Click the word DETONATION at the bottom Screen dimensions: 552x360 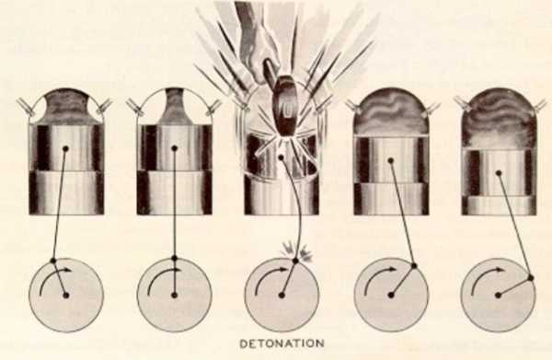tap(282, 343)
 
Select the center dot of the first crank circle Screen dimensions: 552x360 tap(66, 296)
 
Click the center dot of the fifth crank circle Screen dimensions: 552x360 tap(498, 296)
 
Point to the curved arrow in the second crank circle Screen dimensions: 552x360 tap(162, 276)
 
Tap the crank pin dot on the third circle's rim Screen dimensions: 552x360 tap(295, 261)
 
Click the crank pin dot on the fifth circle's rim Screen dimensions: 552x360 tap(531, 278)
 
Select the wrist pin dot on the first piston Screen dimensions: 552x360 tap(65, 148)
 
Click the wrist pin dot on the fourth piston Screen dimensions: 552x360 tap(390, 160)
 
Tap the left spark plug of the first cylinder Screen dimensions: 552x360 tap(26, 107)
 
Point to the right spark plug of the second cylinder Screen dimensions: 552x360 tap(213, 107)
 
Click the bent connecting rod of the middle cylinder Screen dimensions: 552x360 tap(295, 208)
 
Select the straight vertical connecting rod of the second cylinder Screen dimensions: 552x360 tap(174, 203)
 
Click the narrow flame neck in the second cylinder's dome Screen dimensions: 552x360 tap(174, 107)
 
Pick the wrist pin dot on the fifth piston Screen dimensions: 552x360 tap(499, 173)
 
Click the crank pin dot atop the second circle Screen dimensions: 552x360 tap(174, 258)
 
